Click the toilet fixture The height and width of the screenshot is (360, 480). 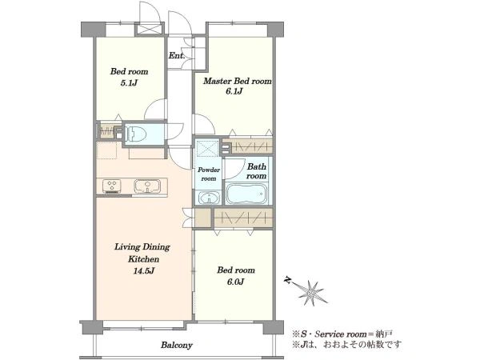click(134, 133)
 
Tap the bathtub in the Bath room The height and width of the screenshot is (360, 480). click(246, 194)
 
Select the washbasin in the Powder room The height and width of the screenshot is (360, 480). click(209, 197)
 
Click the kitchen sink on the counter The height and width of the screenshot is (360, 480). click(147, 186)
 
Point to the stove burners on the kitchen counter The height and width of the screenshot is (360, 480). click(112, 186)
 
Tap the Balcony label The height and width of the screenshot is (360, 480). click(177, 346)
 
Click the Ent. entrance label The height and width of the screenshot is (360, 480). click(177, 56)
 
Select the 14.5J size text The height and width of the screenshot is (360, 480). click(143, 271)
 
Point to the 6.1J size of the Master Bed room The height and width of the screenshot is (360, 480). click(234, 91)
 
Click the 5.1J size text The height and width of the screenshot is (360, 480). click(129, 82)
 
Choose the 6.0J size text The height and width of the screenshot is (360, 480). click(235, 282)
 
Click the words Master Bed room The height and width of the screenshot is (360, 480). click(238, 81)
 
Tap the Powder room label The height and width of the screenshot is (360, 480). click(209, 174)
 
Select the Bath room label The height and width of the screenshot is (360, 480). click(257, 171)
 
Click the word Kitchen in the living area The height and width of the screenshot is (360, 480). click(143, 259)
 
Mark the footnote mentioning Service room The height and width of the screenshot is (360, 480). click(342, 334)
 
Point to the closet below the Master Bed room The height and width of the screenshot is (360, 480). click(247, 146)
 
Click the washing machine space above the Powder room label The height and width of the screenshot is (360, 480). click(207, 149)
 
